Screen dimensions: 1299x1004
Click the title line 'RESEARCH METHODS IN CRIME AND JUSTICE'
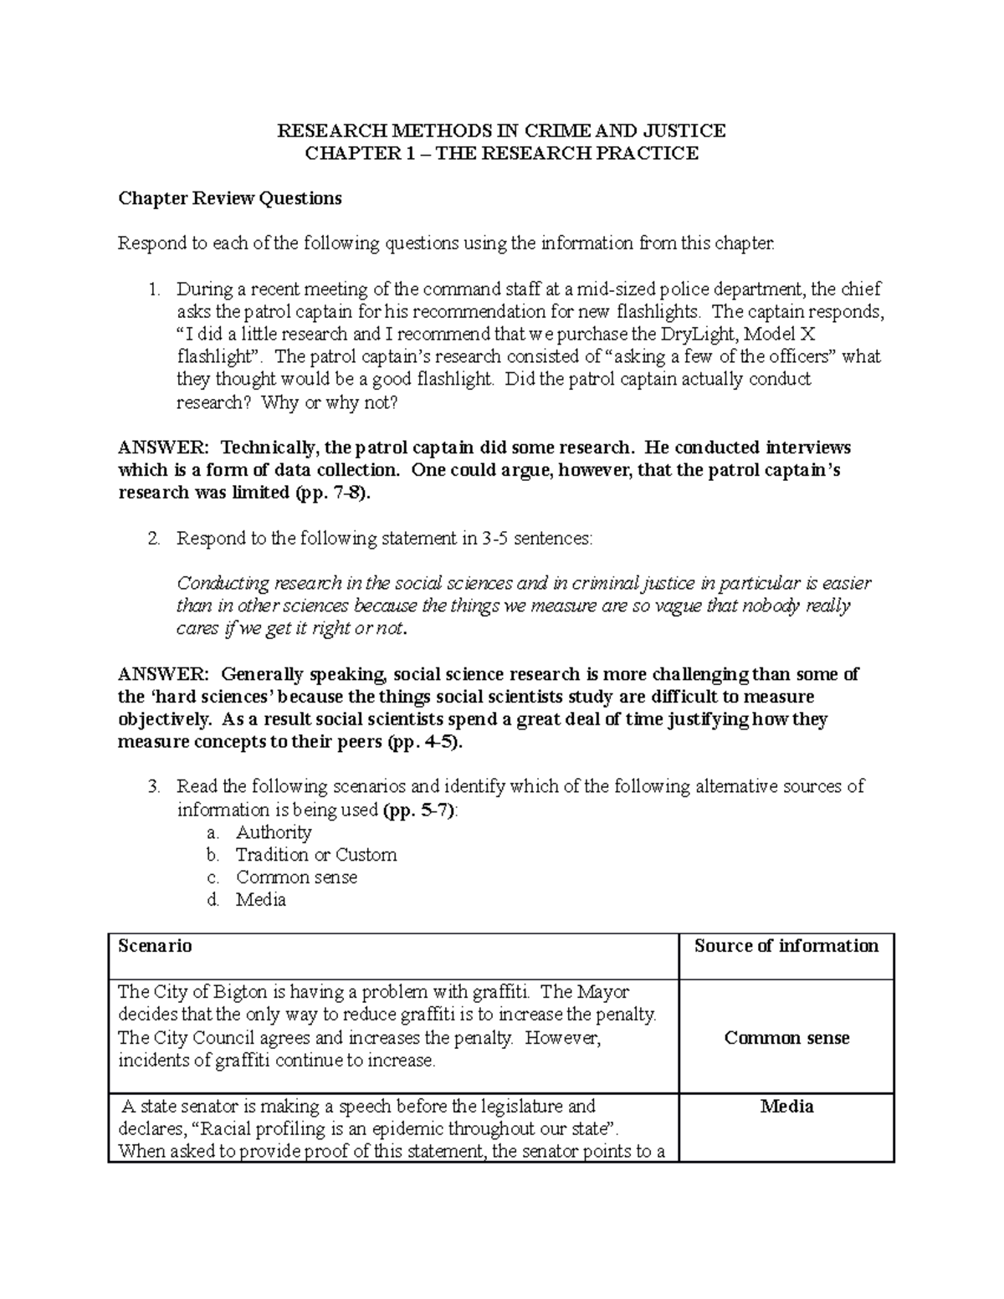coord(501,130)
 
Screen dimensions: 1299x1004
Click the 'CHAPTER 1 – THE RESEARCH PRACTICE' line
coord(501,153)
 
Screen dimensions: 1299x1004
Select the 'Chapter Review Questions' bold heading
coord(230,198)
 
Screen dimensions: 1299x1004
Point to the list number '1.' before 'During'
coord(153,289)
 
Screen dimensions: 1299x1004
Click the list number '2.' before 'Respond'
coord(153,539)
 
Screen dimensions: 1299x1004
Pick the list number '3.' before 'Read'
coord(153,786)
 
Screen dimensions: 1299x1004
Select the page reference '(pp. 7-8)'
coord(332,493)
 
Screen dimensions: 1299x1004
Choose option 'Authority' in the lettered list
coord(274,832)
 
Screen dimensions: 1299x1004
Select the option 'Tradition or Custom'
coord(316,855)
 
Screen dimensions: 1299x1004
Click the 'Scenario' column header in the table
coord(156,946)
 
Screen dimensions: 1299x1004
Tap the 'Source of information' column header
coord(786,946)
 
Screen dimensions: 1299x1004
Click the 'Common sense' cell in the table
coord(786,1038)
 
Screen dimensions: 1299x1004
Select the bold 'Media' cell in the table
coord(786,1107)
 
